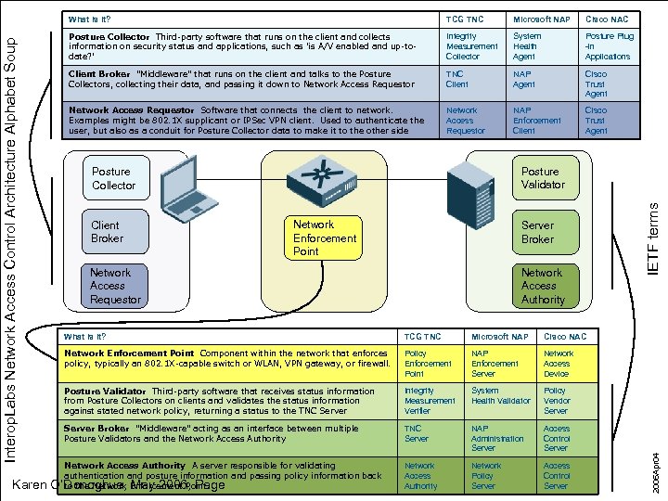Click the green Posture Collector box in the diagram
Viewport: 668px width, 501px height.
[x=112, y=178]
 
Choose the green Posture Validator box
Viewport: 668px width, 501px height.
[x=542, y=177]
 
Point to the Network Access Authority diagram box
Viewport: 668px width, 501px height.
[x=542, y=286]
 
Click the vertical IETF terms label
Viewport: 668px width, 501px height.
[x=652, y=238]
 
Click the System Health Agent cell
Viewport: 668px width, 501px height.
[x=525, y=46]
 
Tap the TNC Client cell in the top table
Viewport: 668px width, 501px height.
[x=456, y=79]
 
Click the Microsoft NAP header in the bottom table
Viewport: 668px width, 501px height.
[x=499, y=336]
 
